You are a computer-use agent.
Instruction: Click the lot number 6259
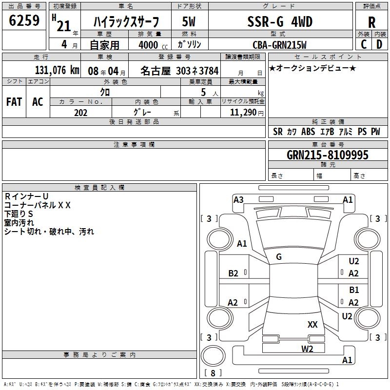(24, 21)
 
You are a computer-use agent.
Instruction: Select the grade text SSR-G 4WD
(280, 21)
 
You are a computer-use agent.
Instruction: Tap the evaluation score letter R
(371, 22)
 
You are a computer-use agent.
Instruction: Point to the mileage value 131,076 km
(57, 70)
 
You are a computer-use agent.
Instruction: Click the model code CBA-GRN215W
(280, 45)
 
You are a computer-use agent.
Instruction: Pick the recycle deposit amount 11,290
(243, 113)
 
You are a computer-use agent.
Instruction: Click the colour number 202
(80, 113)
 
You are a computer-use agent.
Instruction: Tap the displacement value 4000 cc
(150, 45)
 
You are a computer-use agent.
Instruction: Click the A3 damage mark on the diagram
(238, 199)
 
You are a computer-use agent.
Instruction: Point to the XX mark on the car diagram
(312, 325)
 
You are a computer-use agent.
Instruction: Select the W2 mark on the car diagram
(307, 349)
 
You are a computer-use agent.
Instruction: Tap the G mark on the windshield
(279, 257)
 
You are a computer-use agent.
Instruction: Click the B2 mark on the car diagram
(234, 273)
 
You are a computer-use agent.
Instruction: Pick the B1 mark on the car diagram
(354, 290)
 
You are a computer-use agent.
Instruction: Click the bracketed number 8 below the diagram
(212, 373)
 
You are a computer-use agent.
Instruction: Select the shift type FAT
(14, 102)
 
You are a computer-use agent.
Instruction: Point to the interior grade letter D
(379, 45)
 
